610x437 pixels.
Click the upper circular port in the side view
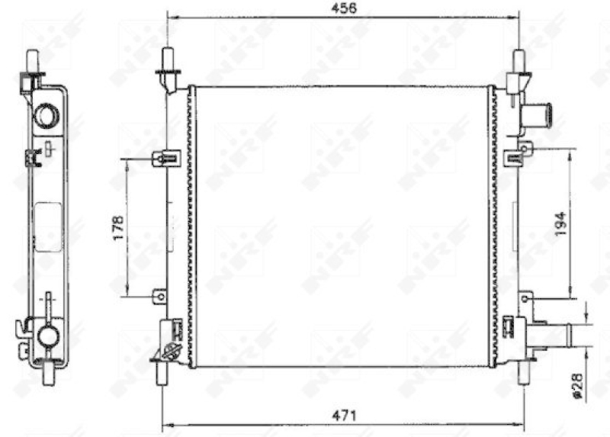tap(47, 115)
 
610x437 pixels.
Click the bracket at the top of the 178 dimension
tap(165, 159)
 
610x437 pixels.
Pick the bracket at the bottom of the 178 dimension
tap(159, 294)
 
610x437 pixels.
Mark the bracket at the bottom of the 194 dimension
tap(525, 296)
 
